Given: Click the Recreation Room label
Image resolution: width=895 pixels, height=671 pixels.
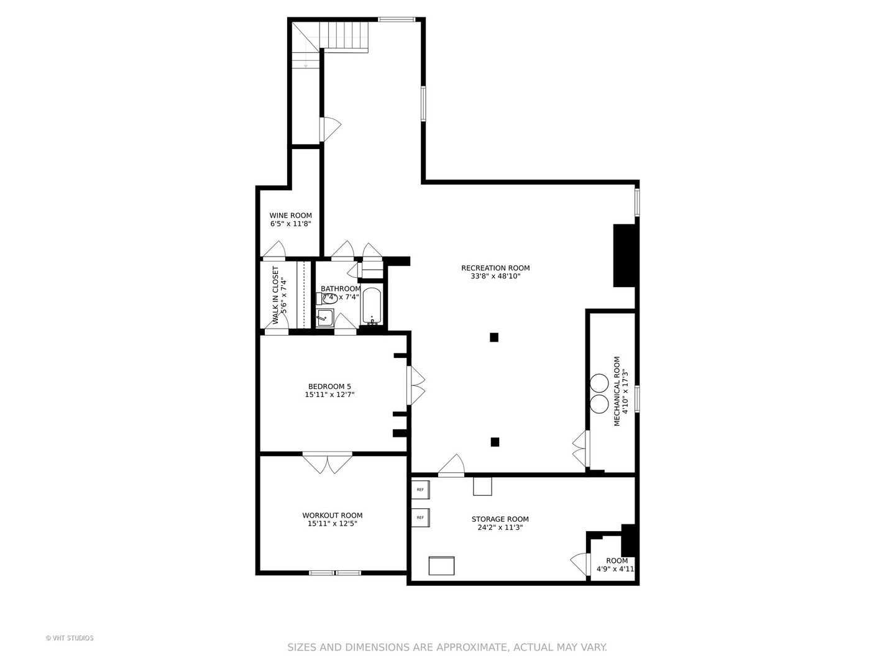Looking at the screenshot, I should pos(495,268).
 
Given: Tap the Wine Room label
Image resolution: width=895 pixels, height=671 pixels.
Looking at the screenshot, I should pos(290,216).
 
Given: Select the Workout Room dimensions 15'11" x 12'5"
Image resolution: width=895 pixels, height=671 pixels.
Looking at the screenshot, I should pos(332,524).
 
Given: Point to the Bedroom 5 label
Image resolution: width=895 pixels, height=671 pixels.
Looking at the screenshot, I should pos(329,386).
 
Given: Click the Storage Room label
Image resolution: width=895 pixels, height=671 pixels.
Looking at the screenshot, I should pos(500,519).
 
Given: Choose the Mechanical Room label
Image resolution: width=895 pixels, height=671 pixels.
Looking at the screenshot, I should pos(617,391).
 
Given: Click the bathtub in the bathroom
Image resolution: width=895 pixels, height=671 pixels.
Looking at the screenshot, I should pos(371,306).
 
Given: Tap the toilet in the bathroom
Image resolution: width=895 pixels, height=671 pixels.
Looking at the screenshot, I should pos(329,298).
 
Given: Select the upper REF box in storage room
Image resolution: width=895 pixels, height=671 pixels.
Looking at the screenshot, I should pos(420,490).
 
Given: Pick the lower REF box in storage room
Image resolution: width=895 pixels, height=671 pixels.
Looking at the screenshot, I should pos(420,518).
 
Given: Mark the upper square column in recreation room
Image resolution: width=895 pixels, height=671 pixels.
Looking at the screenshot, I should pos(494,337).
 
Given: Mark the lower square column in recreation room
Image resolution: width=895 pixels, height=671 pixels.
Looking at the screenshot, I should pos(495,442).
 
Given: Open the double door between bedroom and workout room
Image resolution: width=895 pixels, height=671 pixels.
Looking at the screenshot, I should pos(327,462).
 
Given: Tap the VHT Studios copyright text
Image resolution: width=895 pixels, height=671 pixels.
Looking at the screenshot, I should pos(70,638).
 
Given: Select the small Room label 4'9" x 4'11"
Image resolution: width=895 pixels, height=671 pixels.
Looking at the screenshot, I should pos(617,561).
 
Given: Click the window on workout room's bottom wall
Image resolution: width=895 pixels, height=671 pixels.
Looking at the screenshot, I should pos(335,572).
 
